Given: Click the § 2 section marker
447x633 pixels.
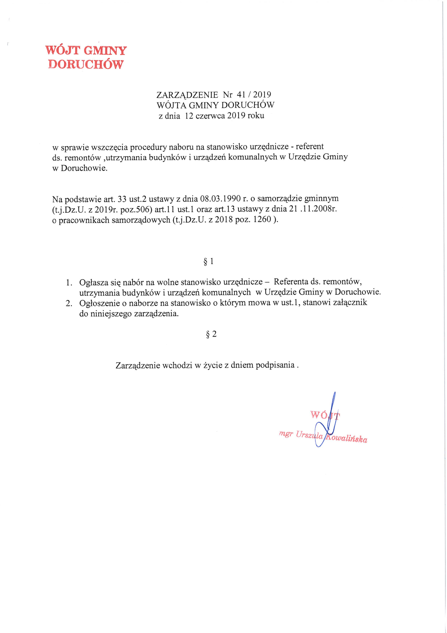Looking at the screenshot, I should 211,334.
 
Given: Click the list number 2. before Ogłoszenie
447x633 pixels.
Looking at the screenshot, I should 69,303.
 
